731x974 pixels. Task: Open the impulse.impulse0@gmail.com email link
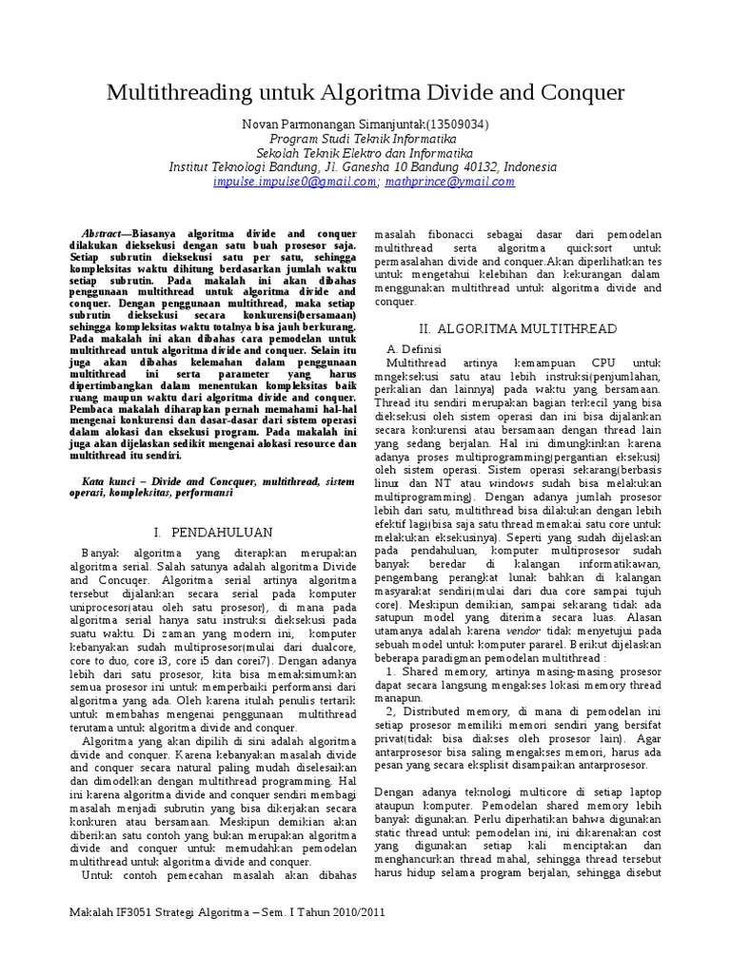[295, 181]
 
